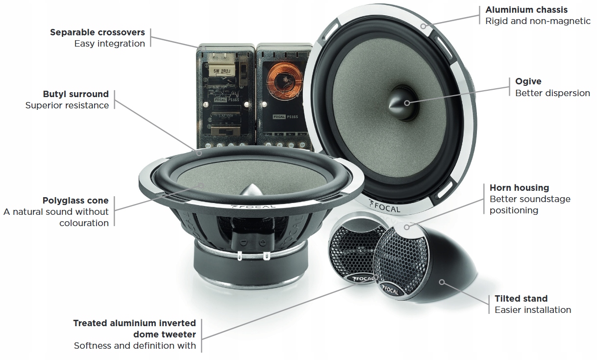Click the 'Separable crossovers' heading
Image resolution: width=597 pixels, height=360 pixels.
coord(98,32)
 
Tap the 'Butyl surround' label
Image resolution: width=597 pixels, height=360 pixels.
coord(75,94)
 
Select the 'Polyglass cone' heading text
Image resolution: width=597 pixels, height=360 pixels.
coord(75,201)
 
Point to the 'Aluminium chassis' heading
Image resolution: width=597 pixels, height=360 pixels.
coord(526,10)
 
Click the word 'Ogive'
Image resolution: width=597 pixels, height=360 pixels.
coord(528,81)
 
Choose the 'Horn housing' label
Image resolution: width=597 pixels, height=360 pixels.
coord(519,188)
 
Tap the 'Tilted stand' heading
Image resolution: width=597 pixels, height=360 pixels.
coord(521,299)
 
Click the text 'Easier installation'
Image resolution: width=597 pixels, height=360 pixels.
coord(533,310)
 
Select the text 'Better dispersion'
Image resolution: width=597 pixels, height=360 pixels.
coord(552,93)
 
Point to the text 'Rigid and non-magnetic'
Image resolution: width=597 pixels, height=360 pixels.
coord(538,21)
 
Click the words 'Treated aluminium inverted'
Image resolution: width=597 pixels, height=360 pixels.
coord(134,323)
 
